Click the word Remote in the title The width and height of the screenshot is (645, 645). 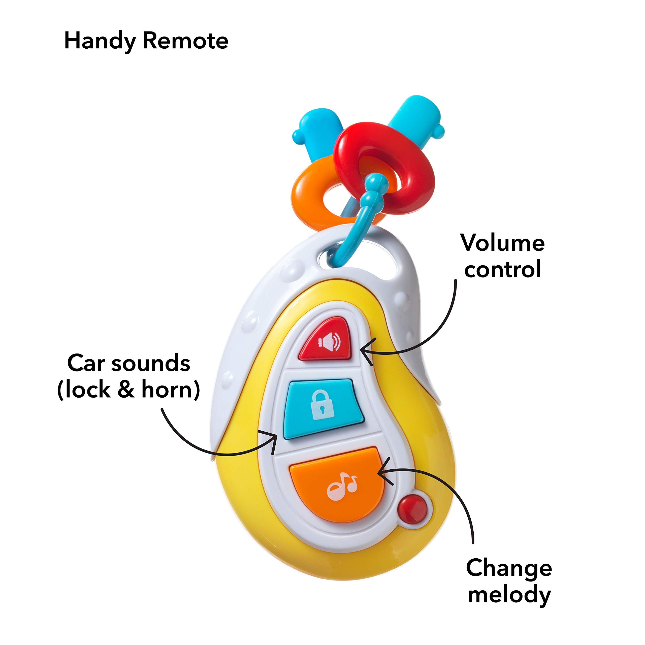[x=186, y=41]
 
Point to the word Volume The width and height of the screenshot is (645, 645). [x=503, y=243]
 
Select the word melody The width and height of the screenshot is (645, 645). [x=509, y=595]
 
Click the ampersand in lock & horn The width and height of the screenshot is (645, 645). [x=126, y=389]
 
